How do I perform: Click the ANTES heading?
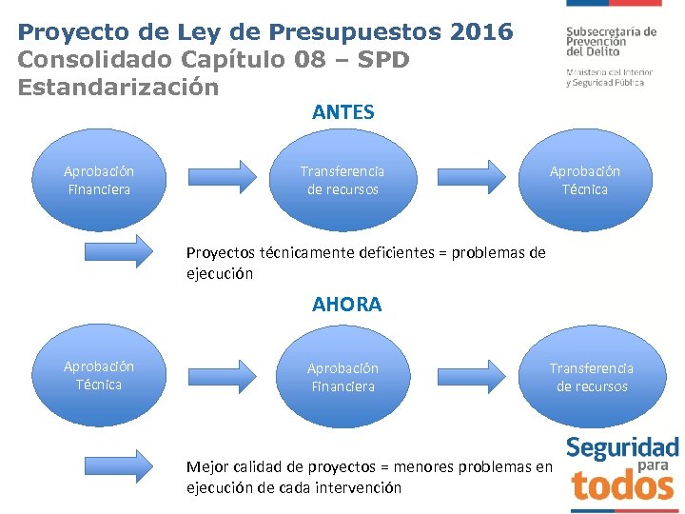342,112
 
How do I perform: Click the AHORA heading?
346,305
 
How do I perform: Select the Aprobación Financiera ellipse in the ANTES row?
99,180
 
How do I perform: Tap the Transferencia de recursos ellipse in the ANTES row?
342,180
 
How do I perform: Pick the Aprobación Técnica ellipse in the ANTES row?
585,180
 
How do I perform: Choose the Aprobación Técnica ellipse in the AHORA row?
99,375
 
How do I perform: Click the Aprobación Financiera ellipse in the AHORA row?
342,377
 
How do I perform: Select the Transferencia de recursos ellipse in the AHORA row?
592,377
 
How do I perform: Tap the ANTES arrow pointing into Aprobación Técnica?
472,175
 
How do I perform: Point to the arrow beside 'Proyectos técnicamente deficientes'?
118,252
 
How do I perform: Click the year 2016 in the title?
481,31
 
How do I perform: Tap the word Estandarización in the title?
118,87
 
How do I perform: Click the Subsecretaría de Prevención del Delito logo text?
611,42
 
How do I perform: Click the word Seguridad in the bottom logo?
622,448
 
